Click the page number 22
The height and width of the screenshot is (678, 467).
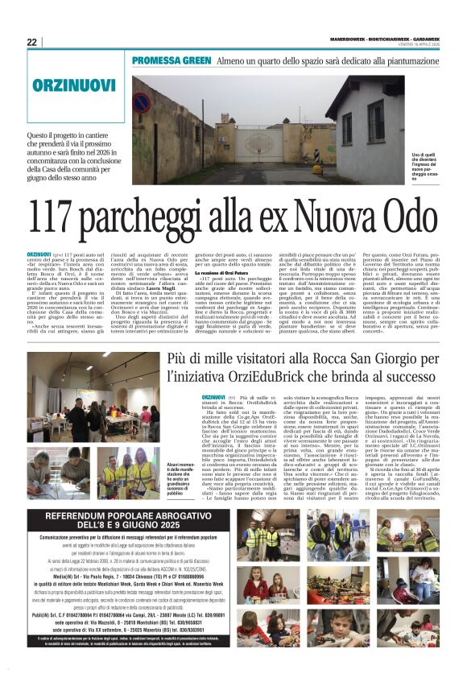click(32, 43)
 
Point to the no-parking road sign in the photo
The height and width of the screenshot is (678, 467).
click(141, 102)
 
